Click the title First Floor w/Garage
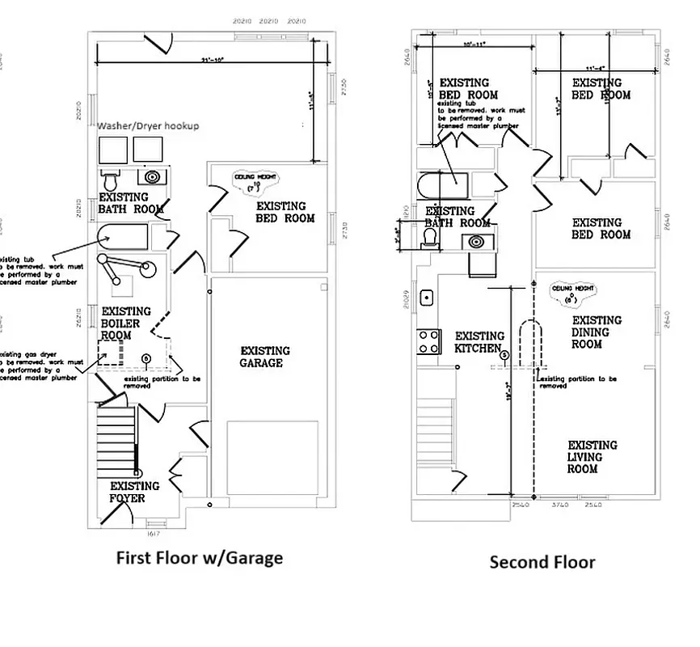pos(200,558)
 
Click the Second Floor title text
pos(542,562)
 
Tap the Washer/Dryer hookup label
pos(148,127)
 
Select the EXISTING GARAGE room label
pos(265,357)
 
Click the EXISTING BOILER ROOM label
pos(126,323)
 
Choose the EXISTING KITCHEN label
pos(479,342)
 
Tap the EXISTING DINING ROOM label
pos(597,332)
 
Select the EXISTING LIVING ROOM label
pos(592,457)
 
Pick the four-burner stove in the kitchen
pos(428,341)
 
